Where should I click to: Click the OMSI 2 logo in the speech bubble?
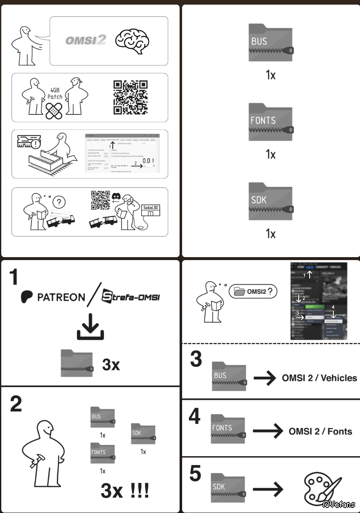[x=85, y=40]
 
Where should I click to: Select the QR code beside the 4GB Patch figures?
[x=131, y=97]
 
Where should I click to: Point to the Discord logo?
[x=116, y=196]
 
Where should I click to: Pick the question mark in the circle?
[x=61, y=202]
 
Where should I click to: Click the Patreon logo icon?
[x=27, y=297]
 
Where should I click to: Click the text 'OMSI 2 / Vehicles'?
[x=319, y=377]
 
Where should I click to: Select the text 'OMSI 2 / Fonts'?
[x=320, y=431]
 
